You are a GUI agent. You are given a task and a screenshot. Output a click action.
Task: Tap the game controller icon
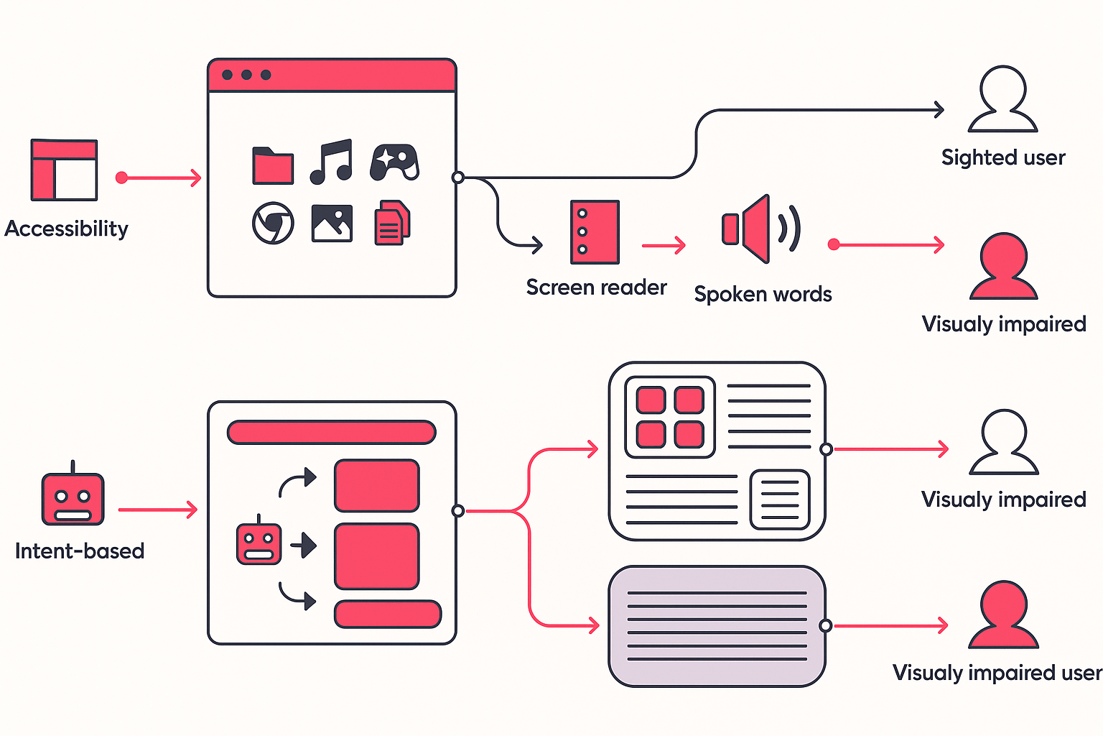[x=394, y=162]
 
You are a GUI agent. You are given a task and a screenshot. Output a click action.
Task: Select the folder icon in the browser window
[x=273, y=165]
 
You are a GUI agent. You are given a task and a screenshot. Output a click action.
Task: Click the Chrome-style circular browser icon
[x=273, y=223]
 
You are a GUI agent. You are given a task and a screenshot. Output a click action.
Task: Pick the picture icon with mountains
[x=332, y=223]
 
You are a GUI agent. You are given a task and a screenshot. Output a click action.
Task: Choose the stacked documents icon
[x=392, y=223]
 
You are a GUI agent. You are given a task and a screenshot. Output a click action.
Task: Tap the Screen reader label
[x=596, y=287]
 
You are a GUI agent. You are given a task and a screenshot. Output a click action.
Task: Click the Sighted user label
[x=1003, y=157]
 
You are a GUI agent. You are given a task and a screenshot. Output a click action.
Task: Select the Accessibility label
[x=66, y=229]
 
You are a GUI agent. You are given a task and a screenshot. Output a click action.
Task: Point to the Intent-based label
[x=80, y=551]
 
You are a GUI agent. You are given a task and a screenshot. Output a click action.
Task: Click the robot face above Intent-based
[x=73, y=497]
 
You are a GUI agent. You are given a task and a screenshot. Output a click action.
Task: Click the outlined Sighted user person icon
[x=1003, y=101]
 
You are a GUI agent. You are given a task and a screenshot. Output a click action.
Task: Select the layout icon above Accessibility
[x=64, y=170]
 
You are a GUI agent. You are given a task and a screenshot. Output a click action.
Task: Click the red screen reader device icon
[x=595, y=232]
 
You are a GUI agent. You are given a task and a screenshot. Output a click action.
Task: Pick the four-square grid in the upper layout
[x=670, y=417]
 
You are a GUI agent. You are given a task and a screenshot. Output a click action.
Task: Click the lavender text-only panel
[x=717, y=626]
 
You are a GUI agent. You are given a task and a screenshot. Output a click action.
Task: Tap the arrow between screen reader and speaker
[x=664, y=246]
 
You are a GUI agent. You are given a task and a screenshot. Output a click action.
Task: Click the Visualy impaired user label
[x=997, y=673]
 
